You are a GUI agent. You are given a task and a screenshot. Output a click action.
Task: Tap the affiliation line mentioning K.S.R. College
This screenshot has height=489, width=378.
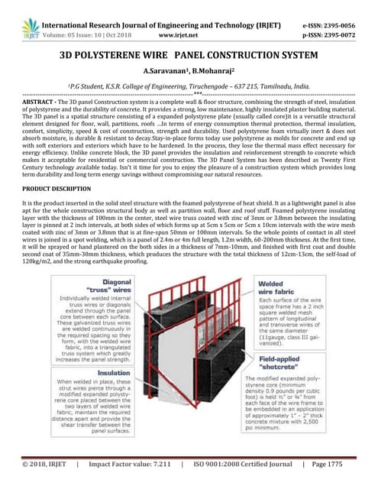coord(188,88)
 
